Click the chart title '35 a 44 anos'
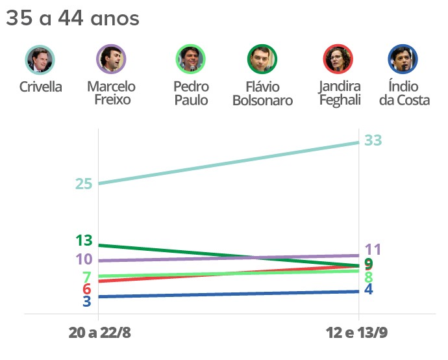tap(72, 19)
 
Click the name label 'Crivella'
tap(40, 87)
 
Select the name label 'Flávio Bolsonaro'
tap(262, 94)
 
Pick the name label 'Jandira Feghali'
tap(340, 94)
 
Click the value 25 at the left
tap(83, 184)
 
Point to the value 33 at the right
tap(373, 140)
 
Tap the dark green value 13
tap(84, 240)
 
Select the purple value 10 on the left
tap(84, 260)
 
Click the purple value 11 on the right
tap(373, 250)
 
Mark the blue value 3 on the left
tap(86, 301)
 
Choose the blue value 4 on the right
tap(368, 289)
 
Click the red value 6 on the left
tap(86, 289)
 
